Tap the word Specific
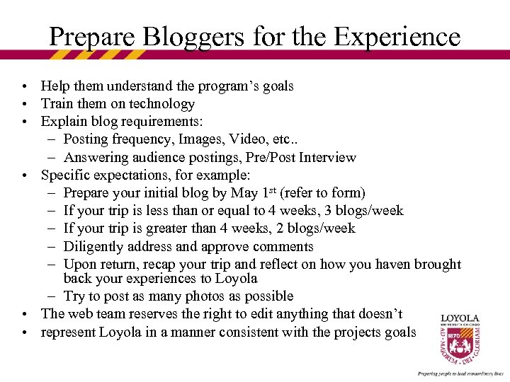point(64,175)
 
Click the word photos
point(216,296)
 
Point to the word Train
point(57,104)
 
